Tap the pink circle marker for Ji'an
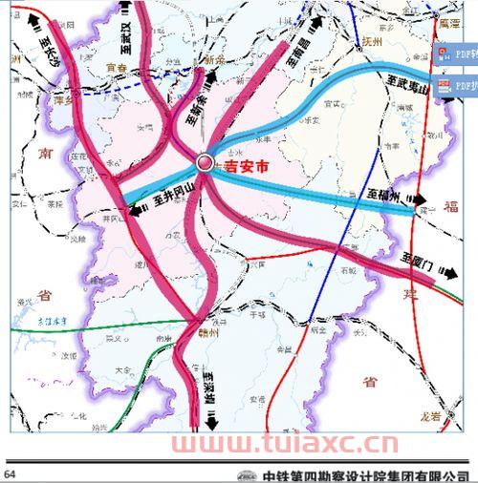coord(205,163)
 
